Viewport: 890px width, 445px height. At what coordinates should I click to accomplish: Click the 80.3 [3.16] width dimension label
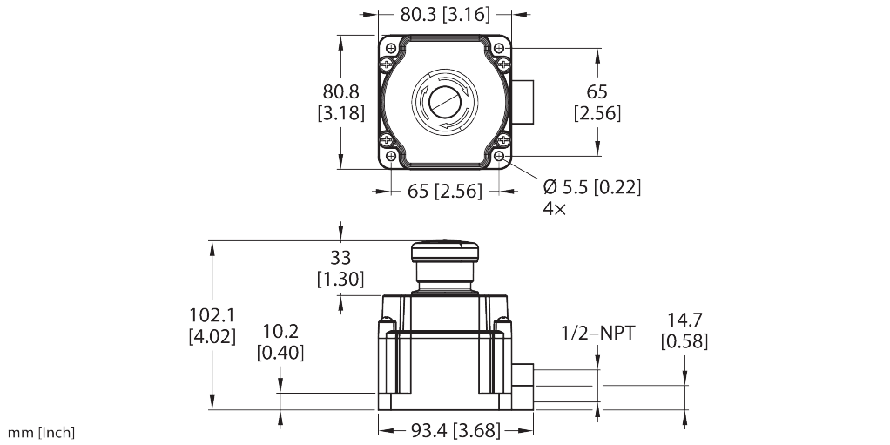pos(445,15)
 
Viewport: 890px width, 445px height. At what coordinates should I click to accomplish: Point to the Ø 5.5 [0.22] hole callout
pos(591,187)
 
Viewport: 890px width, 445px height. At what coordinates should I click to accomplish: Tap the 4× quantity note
pos(554,210)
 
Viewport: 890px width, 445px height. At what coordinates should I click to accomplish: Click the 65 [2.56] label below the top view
pos(445,191)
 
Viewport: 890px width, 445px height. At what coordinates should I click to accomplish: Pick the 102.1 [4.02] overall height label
pos(212,325)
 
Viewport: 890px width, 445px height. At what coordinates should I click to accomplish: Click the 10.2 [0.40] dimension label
pos(280,341)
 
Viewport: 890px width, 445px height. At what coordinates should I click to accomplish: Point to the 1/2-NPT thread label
pos(598,333)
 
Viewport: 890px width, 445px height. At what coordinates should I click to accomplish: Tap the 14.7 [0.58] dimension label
pos(684,331)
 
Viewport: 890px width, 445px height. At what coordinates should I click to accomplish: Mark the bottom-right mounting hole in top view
pos(501,156)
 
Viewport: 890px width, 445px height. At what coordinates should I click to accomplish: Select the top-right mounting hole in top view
pos(501,49)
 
